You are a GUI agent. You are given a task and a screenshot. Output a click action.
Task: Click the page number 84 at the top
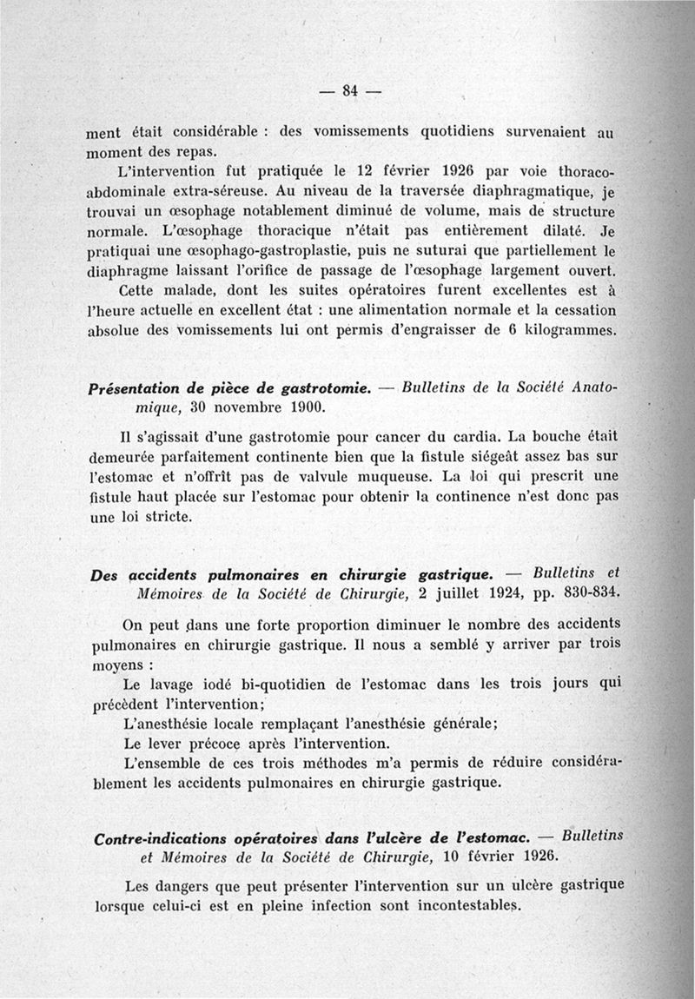(x=351, y=89)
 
